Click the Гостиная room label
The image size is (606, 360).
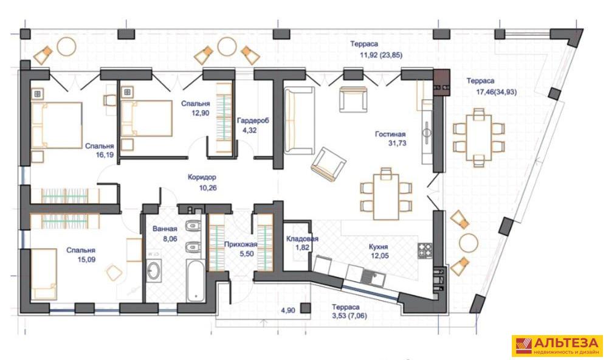coord(390,134)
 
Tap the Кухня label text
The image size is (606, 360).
coord(378,247)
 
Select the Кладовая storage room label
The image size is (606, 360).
coord(302,238)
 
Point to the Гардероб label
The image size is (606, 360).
coord(253,120)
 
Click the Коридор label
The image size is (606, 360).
coord(202,178)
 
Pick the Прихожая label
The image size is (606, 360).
coord(240,244)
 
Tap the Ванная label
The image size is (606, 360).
coord(165,229)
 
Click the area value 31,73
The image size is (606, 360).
coord(398,144)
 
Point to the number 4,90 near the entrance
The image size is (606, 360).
coord(288,310)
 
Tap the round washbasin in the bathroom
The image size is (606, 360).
coord(154,270)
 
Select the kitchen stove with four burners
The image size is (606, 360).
coord(425,251)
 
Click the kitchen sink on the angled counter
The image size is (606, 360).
coord(373,278)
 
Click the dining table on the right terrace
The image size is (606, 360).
coord(479,137)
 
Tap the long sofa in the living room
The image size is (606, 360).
coord(299,120)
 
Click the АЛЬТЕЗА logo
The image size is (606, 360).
coord(557,345)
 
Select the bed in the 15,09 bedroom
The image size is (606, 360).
coord(44,274)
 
